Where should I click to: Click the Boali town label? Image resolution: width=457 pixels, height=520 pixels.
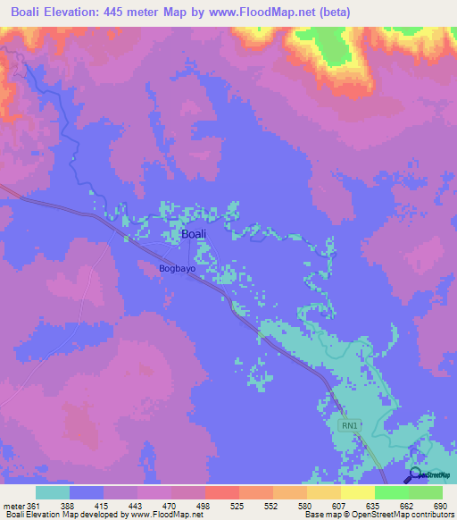tap(194, 234)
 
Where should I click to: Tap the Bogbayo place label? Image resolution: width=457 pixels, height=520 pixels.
tap(177, 267)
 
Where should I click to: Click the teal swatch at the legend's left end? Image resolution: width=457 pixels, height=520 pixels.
tap(53, 492)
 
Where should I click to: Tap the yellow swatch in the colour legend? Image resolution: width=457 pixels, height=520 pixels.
tap(358, 492)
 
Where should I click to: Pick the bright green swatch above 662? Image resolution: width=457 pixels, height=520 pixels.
tap(392, 492)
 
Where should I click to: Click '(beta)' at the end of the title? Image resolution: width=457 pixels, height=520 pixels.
tap(332, 13)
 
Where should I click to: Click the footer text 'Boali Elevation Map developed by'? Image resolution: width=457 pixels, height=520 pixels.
tap(62, 515)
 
